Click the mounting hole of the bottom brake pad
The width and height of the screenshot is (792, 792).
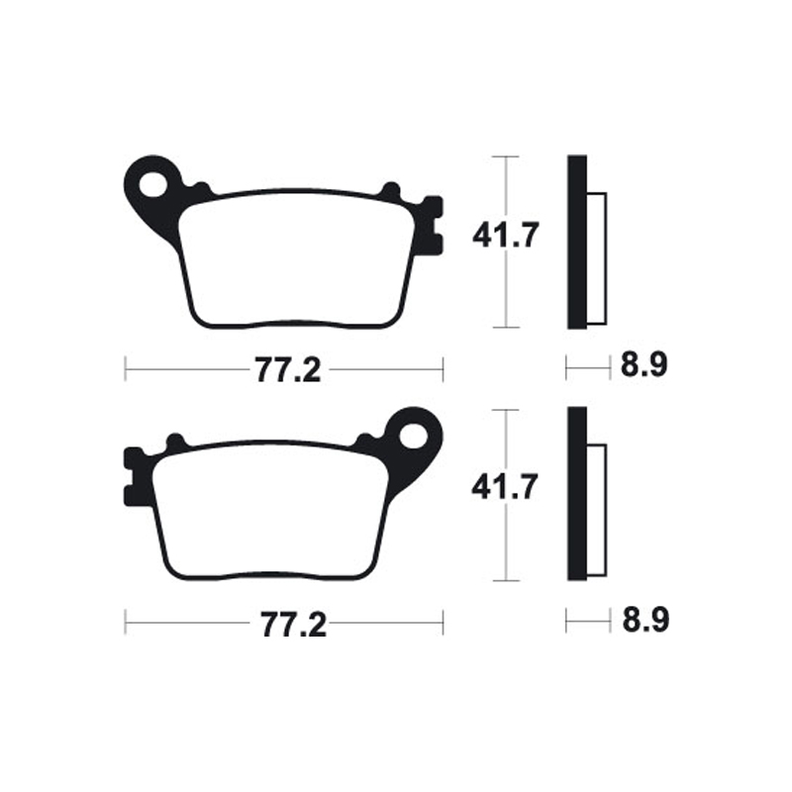pyautogui.click(x=414, y=434)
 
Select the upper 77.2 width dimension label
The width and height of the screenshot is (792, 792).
pyautogui.click(x=286, y=371)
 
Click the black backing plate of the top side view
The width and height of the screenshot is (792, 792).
pyautogui.click(x=576, y=243)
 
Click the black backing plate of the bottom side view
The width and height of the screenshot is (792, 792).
pyautogui.click(x=576, y=494)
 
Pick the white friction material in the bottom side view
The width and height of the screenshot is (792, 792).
pyautogui.click(x=596, y=509)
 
